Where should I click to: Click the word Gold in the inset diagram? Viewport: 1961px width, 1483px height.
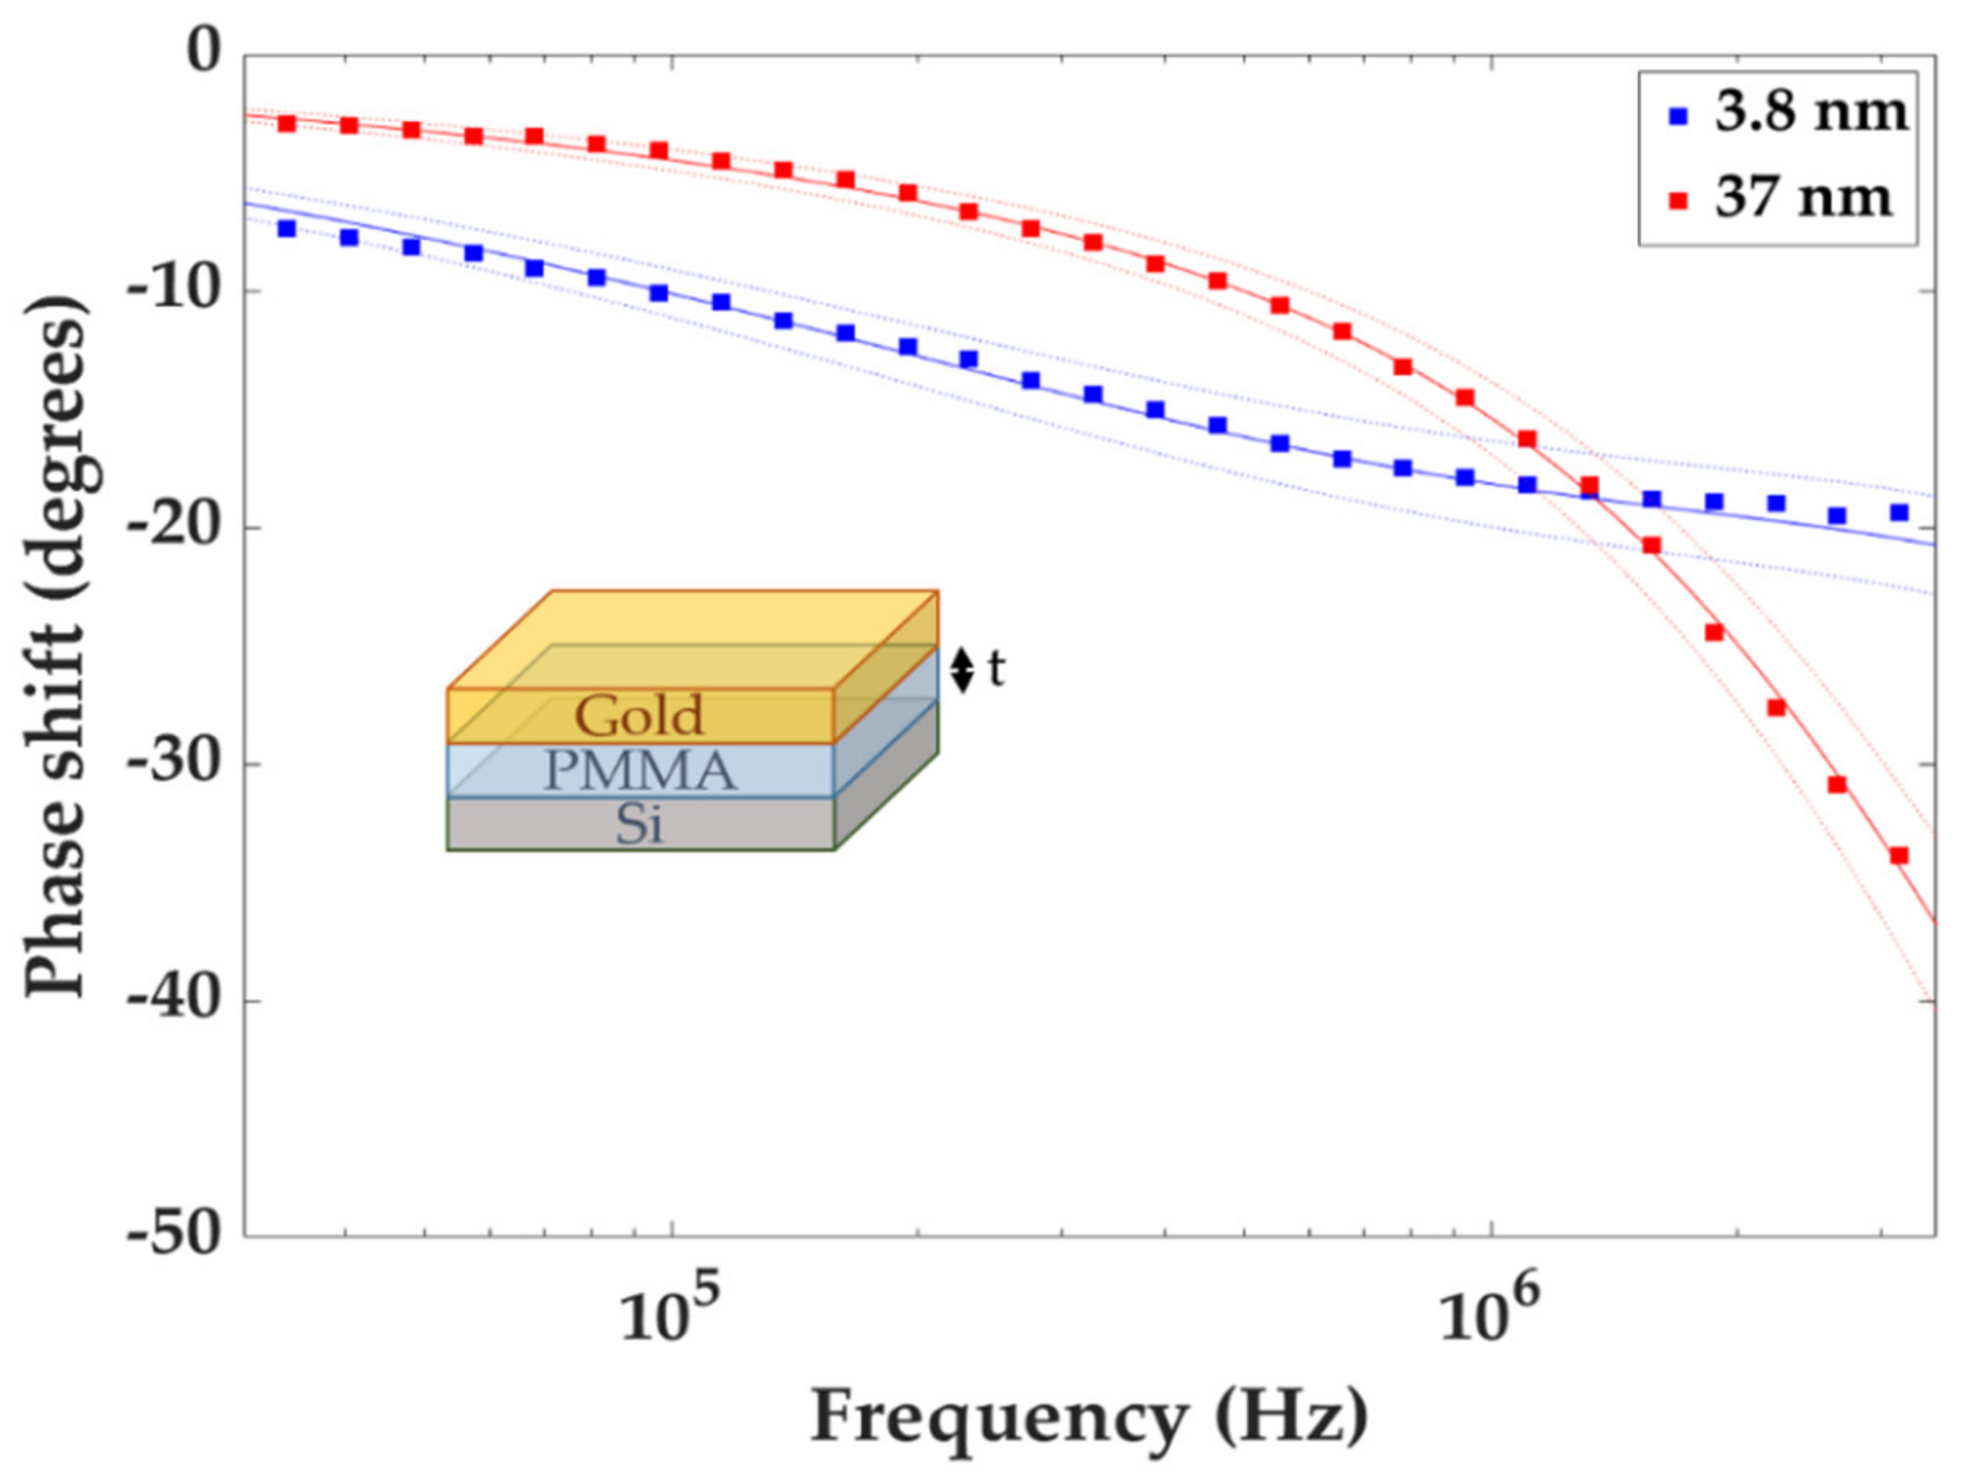(x=639, y=715)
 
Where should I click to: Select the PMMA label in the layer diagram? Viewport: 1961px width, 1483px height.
(x=639, y=771)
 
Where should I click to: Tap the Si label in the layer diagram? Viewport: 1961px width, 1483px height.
(x=639, y=826)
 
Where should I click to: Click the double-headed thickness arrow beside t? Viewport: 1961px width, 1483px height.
(x=962, y=670)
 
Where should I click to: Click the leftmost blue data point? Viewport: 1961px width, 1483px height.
(x=287, y=229)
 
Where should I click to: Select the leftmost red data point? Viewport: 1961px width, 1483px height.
(x=287, y=124)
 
